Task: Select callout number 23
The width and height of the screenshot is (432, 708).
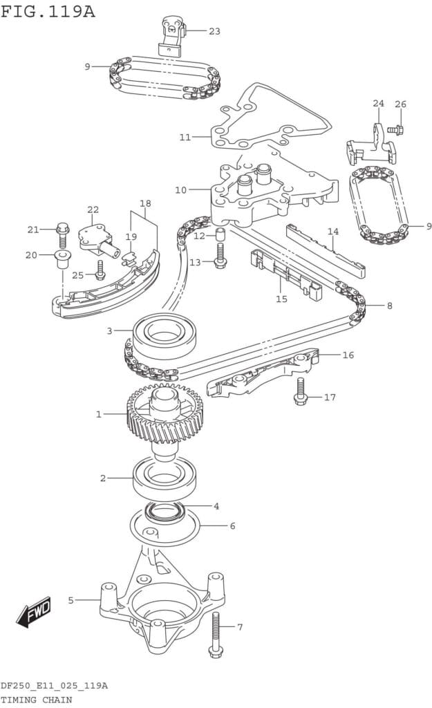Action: pos(214,31)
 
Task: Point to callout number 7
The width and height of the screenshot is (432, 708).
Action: pos(240,628)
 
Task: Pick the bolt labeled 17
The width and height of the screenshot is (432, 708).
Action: pos(300,391)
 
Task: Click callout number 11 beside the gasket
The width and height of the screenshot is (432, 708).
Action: pos(185,137)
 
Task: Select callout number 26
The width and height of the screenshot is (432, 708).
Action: pos(400,104)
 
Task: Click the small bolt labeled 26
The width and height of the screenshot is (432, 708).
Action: pos(395,129)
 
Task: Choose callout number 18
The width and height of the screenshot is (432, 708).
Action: pos(145,203)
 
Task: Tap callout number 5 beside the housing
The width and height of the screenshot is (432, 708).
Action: pos(71,600)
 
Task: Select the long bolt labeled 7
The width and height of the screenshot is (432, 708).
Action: pos(216,633)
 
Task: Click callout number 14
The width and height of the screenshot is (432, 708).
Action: pos(332,232)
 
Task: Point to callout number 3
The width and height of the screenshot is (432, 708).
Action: pos(109,330)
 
